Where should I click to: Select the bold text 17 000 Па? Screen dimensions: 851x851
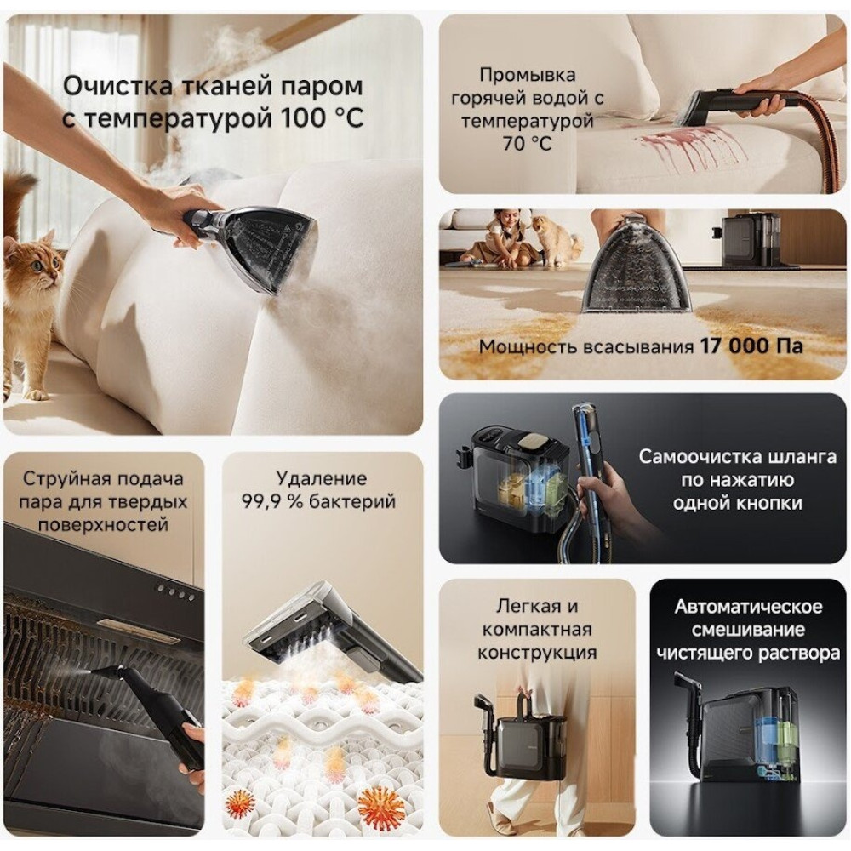click(x=751, y=346)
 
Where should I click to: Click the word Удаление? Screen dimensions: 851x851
click(x=322, y=478)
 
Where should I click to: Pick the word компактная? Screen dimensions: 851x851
click(x=537, y=630)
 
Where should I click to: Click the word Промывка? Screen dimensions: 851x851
click(x=527, y=74)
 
